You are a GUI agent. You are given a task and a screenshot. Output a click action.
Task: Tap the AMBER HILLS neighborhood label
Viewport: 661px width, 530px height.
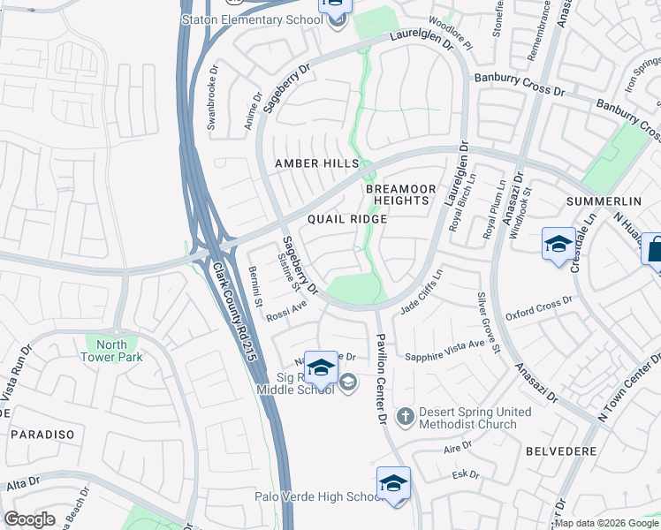[x=316, y=163]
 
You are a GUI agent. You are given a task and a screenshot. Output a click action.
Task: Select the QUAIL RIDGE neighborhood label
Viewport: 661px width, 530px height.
[x=346, y=219]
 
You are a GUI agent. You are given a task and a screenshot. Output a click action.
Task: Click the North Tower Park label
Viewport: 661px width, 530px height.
[x=111, y=351]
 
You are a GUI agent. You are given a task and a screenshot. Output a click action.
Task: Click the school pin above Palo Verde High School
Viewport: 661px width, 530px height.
[x=393, y=483]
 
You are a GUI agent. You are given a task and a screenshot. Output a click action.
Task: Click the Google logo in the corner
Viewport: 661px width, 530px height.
[x=29, y=519]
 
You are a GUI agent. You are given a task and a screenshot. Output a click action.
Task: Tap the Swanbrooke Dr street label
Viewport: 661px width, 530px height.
[x=212, y=96]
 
